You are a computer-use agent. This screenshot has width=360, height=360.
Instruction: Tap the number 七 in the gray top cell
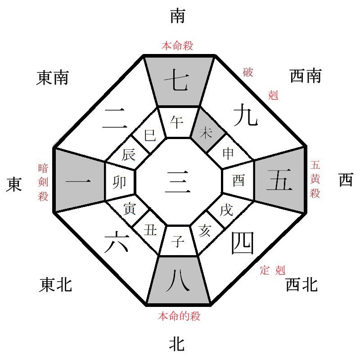179,81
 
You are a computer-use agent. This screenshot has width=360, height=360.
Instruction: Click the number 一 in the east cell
79,181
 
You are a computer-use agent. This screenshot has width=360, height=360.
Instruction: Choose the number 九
245,116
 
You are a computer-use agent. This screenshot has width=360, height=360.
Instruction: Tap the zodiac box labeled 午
178,123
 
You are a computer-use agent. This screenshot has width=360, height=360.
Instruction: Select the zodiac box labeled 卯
121,181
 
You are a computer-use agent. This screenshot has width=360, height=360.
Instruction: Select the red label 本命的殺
179,316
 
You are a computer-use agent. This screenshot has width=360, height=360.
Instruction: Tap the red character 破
247,72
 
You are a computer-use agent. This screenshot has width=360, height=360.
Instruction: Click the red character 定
265,270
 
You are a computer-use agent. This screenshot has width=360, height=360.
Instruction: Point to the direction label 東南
52,78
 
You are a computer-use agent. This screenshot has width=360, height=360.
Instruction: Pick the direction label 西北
301,284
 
